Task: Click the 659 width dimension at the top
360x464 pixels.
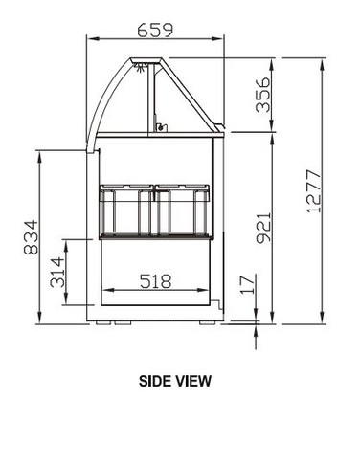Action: coord(155,30)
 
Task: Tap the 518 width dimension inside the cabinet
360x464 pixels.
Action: coord(155,281)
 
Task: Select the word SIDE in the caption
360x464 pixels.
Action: coord(157,380)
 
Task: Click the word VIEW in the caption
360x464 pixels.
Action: coord(194,380)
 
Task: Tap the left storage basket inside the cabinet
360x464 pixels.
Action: coord(126,208)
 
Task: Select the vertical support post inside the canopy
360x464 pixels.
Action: coord(153,96)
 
